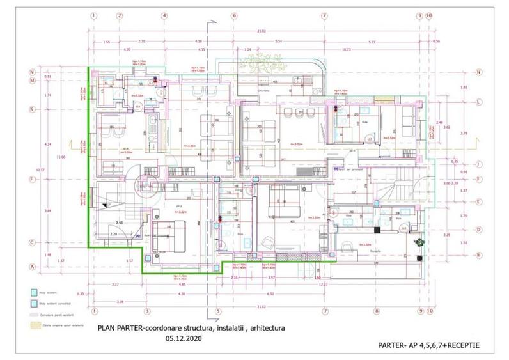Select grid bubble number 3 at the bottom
point(147,312)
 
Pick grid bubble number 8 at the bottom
point(377,312)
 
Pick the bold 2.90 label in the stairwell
point(119,223)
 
